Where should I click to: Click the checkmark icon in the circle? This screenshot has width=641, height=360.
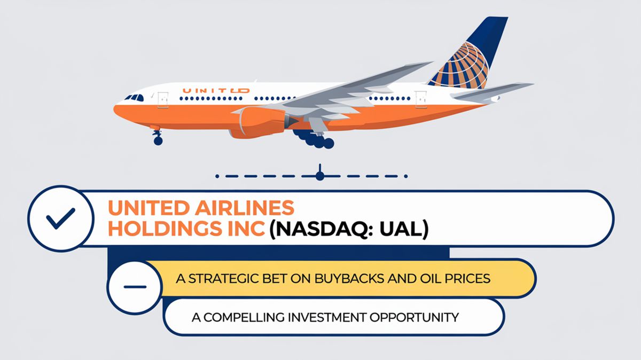(61, 218)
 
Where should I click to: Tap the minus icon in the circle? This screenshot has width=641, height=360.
(135, 287)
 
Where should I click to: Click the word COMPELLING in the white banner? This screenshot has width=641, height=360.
(244, 317)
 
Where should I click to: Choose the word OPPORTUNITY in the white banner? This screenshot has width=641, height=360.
(414, 317)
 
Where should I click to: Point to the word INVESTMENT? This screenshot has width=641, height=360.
(327, 317)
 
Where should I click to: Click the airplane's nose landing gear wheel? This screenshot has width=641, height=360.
(158, 140)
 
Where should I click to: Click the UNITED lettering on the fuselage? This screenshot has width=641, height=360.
(216, 91)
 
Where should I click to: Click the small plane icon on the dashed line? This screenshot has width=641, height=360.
(319, 174)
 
